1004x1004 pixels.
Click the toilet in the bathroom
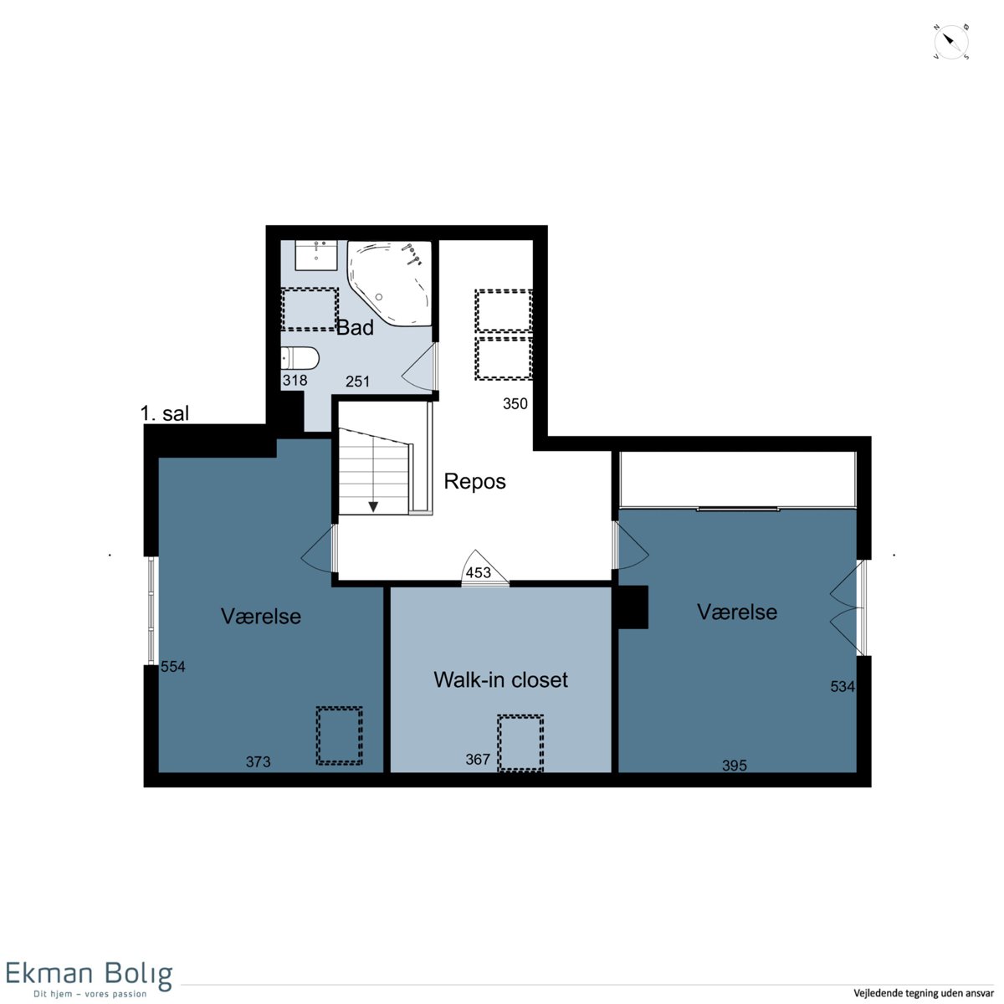click(299, 358)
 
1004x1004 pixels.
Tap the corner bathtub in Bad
click(390, 284)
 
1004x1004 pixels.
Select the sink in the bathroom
click(315, 255)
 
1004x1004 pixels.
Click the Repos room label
click(474, 481)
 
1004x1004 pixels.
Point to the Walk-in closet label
click(500, 679)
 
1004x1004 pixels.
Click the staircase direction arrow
click(373, 506)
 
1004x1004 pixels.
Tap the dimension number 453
click(479, 572)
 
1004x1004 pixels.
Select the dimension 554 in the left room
click(173, 666)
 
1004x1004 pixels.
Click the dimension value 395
click(735, 766)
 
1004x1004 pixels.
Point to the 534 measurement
click(843, 686)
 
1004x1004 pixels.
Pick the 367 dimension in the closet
click(479, 759)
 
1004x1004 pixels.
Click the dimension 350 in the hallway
click(515, 404)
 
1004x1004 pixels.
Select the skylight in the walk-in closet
click(520, 743)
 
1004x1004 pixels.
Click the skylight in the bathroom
click(310, 310)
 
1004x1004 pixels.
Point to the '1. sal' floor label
click(165, 413)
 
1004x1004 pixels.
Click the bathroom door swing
click(419, 367)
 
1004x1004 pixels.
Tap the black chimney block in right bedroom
click(633, 607)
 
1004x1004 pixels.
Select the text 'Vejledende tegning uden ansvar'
click(924, 992)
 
